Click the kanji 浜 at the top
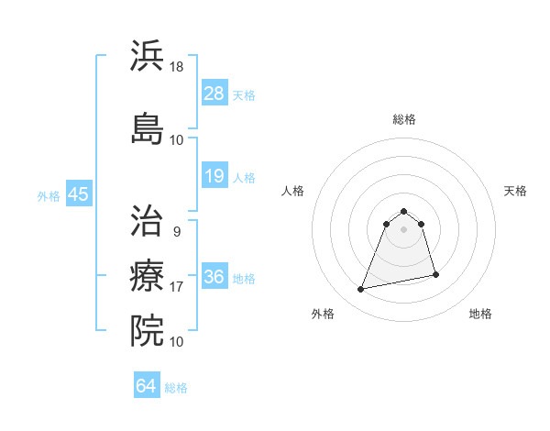(148, 57)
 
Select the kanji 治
(148, 221)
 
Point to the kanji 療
(148, 274)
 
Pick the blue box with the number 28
(214, 93)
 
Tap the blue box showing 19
(214, 176)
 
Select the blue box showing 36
(214, 277)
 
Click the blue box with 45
(78, 194)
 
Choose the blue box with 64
(147, 386)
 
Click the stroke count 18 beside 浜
(176, 67)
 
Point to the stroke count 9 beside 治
(176, 231)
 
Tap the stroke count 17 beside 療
(176, 287)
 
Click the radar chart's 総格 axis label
(404, 119)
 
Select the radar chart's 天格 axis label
(516, 191)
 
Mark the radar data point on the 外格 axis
(361, 290)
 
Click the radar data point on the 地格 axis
(435, 275)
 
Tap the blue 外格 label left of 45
(48, 195)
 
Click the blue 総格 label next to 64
(176, 387)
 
